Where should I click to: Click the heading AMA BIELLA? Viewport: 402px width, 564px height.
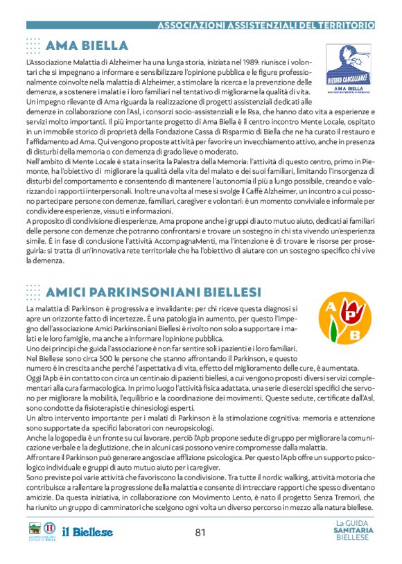(x=87, y=46)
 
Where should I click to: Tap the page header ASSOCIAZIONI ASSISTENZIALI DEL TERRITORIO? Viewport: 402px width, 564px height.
(x=266, y=25)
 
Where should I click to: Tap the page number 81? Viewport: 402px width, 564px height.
(x=201, y=533)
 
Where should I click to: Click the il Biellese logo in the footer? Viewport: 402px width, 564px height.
(x=87, y=532)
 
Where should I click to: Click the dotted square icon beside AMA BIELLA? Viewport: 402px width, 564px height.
(x=33, y=46)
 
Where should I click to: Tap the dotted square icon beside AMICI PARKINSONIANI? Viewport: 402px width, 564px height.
(x=33, y=292)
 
